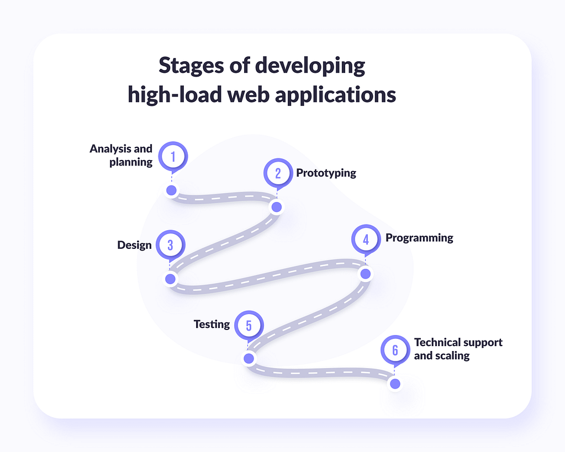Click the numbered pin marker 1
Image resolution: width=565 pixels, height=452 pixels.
click(173, 156)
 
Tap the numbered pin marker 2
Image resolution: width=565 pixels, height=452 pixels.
click(278, 173)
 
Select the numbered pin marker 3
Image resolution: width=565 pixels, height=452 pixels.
click(171, 245)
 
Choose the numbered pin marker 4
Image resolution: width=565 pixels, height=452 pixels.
click(366, 239)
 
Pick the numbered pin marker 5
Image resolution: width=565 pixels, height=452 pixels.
click(249, 325)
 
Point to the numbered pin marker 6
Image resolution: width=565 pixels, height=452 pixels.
click(395, 350)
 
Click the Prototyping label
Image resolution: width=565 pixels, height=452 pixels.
click(326, 173)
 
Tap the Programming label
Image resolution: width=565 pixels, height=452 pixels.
click(419, 238)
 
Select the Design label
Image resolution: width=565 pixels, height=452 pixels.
click(134, 245)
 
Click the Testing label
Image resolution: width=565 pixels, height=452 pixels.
click(212, 324)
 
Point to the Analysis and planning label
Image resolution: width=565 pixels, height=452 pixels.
click(121, 155)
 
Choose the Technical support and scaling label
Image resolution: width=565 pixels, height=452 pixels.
click(458, 349)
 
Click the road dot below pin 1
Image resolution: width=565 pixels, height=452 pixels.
click(172, 190)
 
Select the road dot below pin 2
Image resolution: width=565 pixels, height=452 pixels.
click(276, 207)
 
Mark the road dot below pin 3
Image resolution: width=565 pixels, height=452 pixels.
click(171, 279)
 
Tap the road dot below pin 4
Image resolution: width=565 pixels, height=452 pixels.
click(366, 274)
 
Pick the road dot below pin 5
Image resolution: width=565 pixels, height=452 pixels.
click(249, 358)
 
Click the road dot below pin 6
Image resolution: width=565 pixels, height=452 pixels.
click(395, 384)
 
